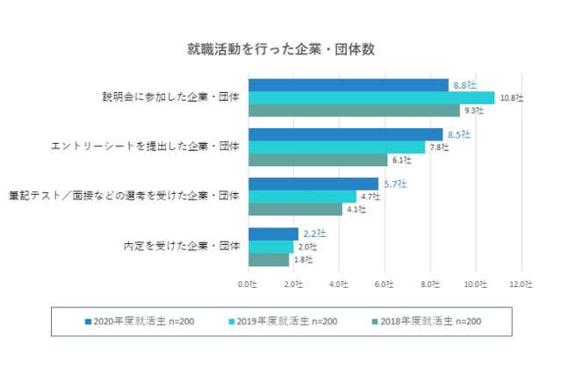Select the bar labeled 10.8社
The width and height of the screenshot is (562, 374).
coord(371,97)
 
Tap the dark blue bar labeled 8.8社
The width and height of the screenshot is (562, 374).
coord(349,85)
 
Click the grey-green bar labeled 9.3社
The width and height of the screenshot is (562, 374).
coord(354,111)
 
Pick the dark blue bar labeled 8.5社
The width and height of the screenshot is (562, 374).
coord(345,134)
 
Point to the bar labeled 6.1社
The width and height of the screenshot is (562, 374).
coord(318,160)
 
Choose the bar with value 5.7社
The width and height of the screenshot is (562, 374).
coord(313,184)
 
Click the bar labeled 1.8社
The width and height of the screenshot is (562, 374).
coord(269,259)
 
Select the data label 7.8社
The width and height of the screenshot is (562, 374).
coord(437,147)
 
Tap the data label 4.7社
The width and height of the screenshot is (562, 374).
coord(370,197)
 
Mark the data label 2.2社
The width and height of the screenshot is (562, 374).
coord(314,234)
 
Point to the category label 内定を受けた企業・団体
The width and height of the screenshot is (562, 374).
coord(181,247)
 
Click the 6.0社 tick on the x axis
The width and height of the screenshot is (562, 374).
coord(385,284)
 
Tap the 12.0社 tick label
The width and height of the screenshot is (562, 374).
coord(521,284)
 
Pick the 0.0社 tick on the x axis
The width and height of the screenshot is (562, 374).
coord(249,284)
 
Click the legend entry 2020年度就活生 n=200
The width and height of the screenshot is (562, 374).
coord(144,321)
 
